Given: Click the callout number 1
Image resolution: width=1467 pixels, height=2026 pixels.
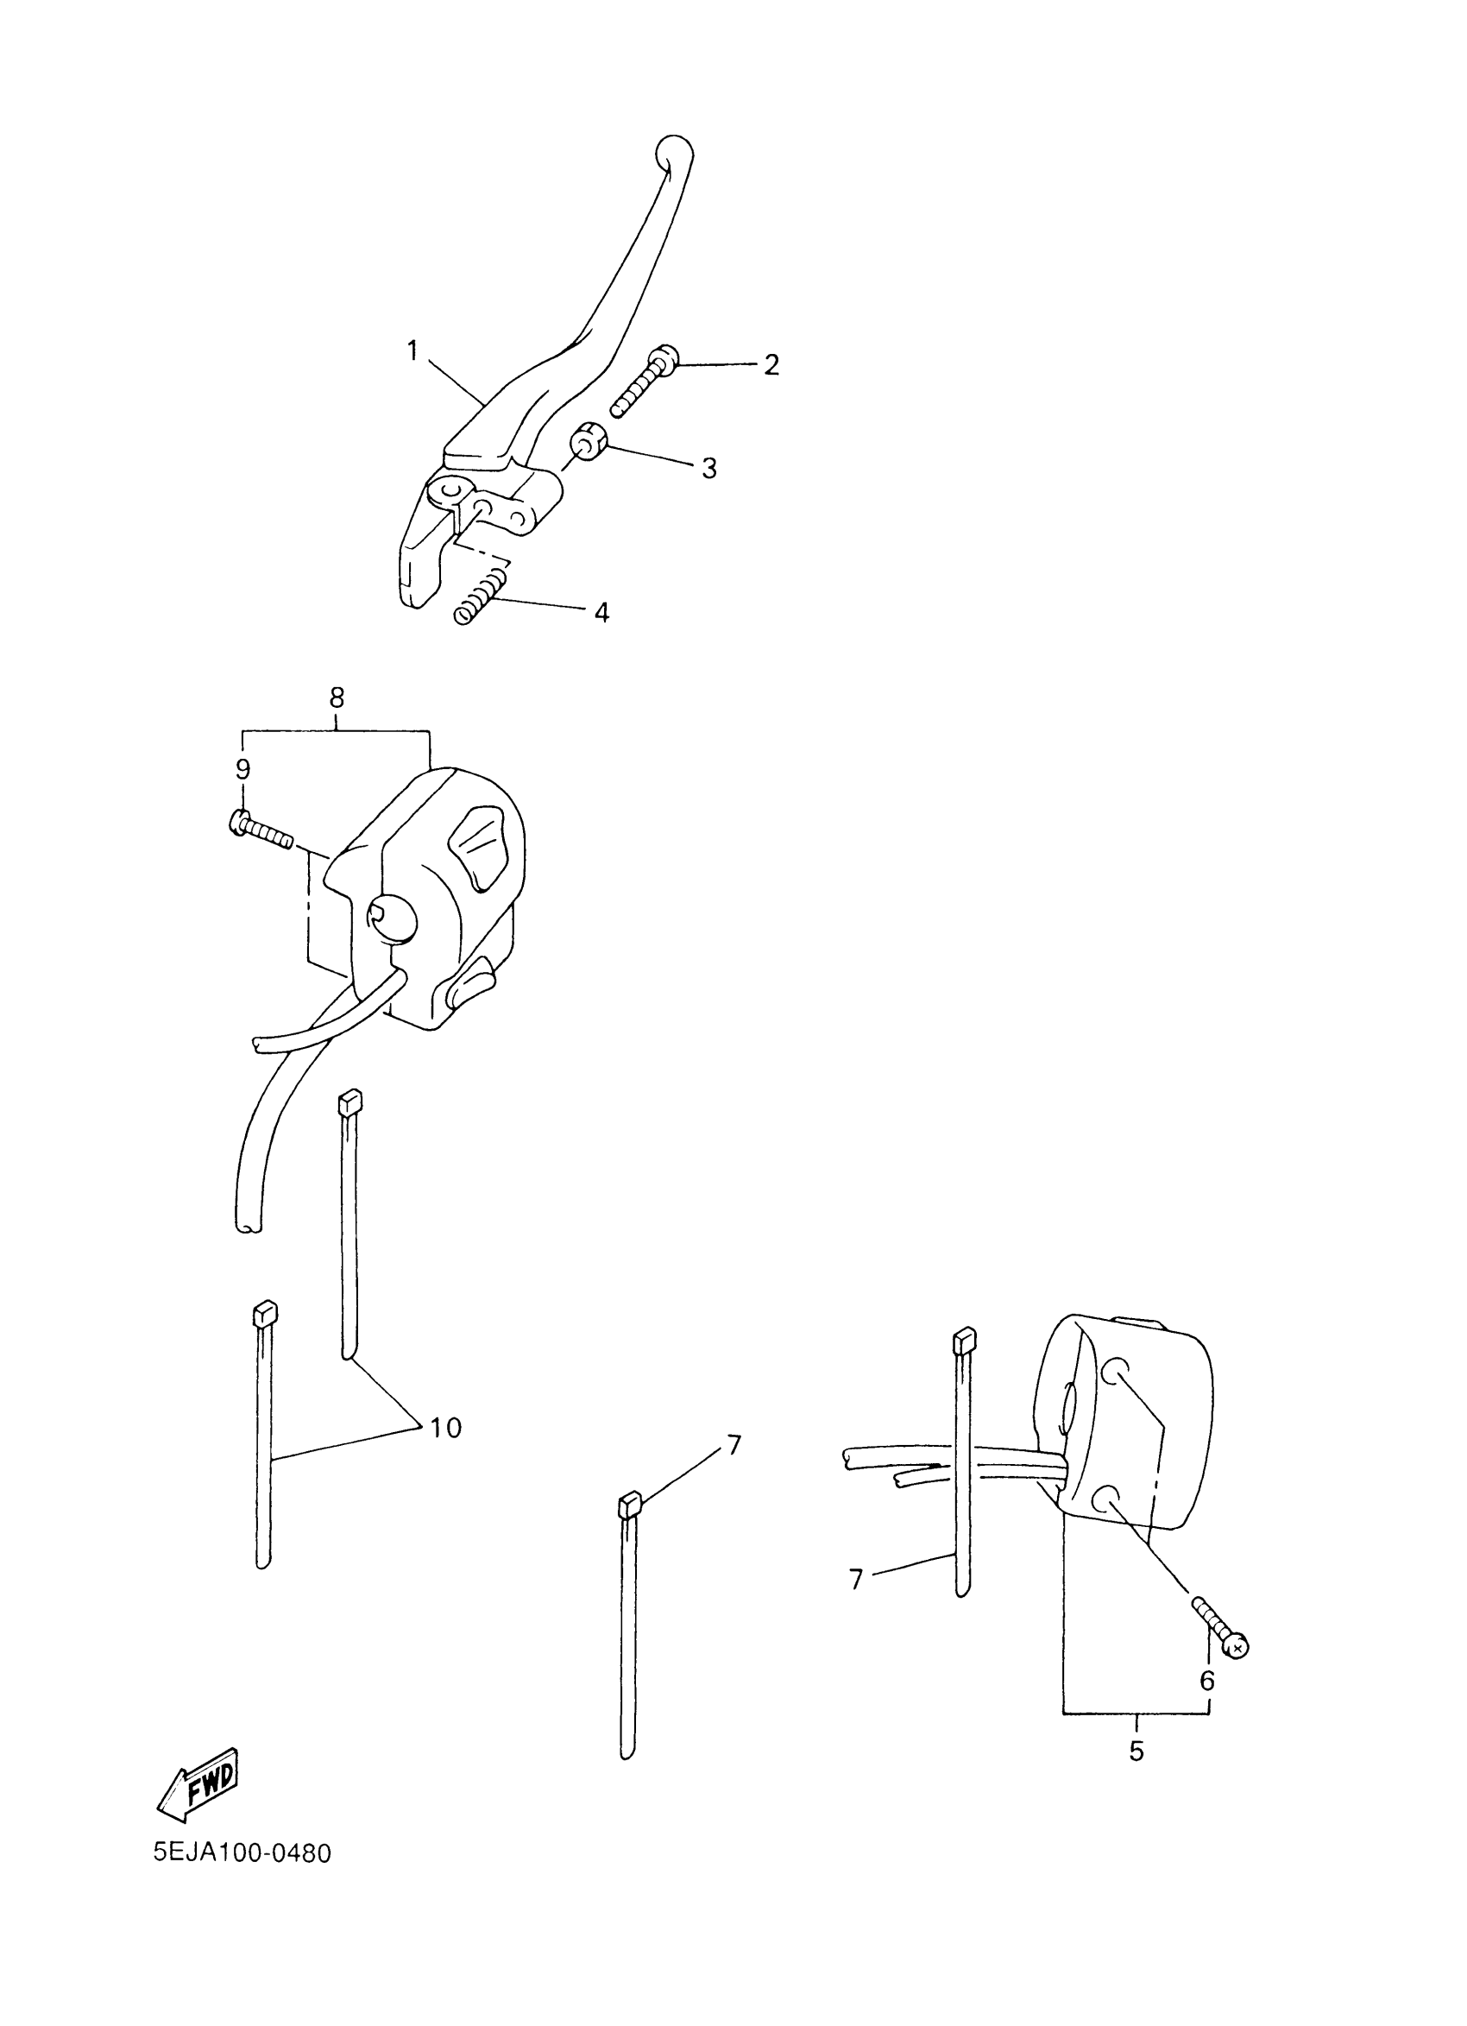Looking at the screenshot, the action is pyautogui.click(x=412, y=351).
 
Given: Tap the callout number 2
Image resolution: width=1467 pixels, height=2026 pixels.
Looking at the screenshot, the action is pyautogui.click(x=771, y=364).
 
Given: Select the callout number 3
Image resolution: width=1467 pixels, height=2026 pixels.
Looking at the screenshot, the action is pyautogui.click(x=708, y=468).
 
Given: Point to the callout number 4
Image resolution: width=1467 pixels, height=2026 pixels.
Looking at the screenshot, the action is pyautogui.click(x=601, y=613).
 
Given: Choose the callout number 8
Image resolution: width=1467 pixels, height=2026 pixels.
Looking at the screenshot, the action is pyautogui.click(x=337, y=697).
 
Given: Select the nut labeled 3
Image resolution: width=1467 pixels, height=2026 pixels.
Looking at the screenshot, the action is pyautogui.click(x=590, y=442).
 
